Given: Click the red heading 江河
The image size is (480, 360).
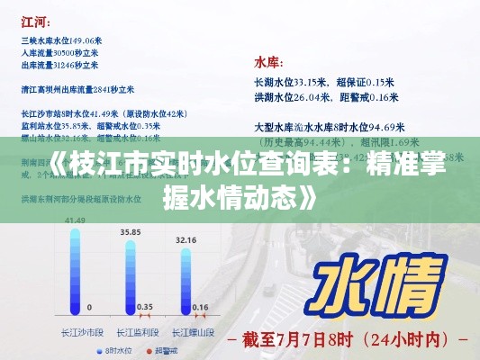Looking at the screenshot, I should tap(32, 20).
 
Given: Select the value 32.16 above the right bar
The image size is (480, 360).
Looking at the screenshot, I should tap(186, 240).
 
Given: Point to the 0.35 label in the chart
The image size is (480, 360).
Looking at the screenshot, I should tap(144, 305).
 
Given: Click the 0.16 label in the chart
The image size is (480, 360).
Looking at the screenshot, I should tap(200, 307).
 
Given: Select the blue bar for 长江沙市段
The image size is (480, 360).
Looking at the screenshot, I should tap(76, 270).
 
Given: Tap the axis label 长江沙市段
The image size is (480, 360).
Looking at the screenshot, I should tap(77, 330).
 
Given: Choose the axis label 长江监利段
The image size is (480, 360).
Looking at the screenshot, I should tap(131, 330).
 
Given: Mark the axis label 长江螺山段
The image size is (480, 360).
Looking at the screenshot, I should tap(187, 330).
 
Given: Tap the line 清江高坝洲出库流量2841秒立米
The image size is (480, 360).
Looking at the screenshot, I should tap(77, 90).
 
